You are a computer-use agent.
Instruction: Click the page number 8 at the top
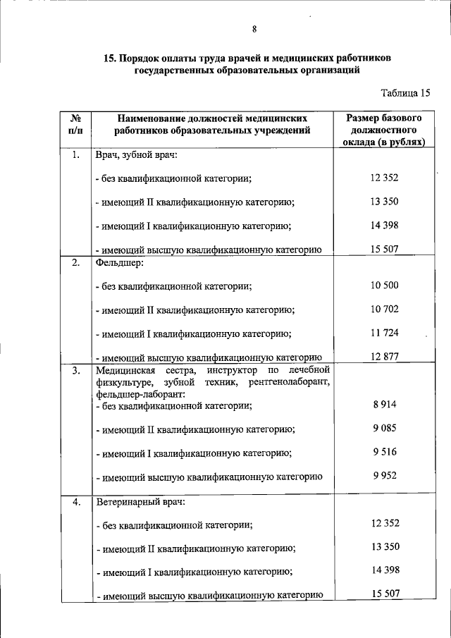point(254,29)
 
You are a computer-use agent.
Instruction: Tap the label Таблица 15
point(405,92)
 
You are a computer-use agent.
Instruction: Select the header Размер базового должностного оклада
point(385,130)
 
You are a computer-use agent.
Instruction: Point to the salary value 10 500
point(385,285)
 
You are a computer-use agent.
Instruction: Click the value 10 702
point(385,309)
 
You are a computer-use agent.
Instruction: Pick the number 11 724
point(385,333)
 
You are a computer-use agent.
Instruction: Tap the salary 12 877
point(385,357)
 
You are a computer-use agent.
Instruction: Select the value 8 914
point(385,405)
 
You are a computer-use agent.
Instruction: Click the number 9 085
point(385,428)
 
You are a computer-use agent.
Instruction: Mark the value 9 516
point(385,452)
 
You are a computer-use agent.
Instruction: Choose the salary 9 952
point(385,476)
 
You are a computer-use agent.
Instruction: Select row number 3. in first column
point(75,370)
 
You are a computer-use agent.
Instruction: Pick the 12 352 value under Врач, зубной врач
point(385,178)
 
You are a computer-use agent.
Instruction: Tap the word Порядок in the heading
point(145,57)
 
